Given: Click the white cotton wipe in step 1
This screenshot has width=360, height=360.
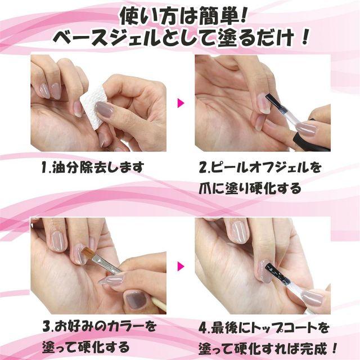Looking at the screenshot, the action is pyautogui.click(x=93, y=107).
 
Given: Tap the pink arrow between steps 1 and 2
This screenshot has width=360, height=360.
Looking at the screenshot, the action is pyautogui.click(x=181, y=103).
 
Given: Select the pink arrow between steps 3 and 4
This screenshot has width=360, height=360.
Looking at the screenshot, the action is pyautogui.click(x=181, y=266).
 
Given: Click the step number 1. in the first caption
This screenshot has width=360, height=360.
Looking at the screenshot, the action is pyautogui.click(x=46, y=167).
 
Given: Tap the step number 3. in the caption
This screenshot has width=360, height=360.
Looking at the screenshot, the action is pyautogui.click(x=48, y=327).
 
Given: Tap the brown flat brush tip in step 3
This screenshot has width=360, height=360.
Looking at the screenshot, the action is pyautogui.click(x=89, y=252).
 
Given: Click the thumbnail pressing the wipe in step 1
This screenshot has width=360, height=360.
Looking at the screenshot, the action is pyautogui.click(x=103, y=110).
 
